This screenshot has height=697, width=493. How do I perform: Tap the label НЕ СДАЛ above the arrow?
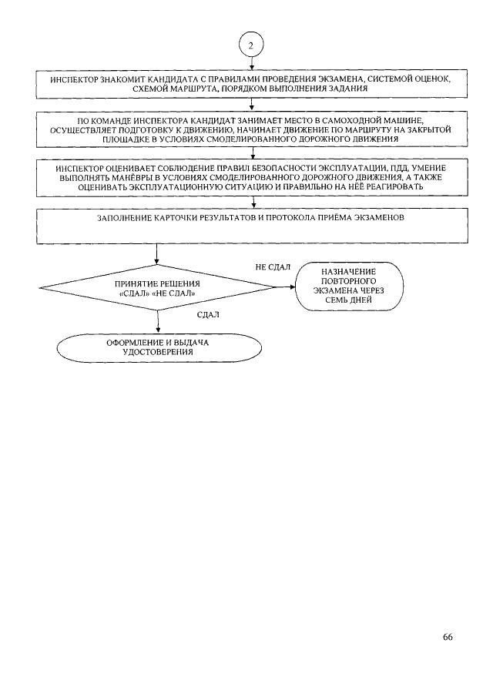click(x=272, y=266)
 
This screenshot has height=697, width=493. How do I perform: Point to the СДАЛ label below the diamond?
click(x=208, y=314)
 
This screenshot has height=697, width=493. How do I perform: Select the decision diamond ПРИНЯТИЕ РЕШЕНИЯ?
click(x=156, y=288)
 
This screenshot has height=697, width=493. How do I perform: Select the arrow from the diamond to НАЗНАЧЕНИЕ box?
click(x=283, y=288)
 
